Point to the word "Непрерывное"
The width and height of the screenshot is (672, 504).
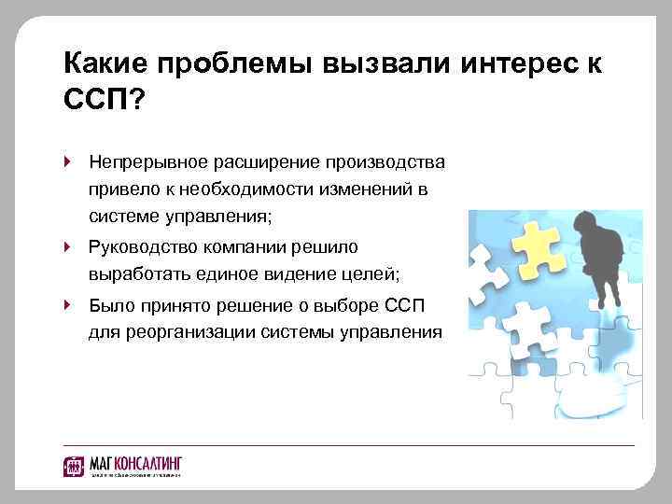point(142,161)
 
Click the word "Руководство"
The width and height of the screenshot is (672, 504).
point(141,246)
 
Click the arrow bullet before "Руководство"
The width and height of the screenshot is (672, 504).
point(68,246)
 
